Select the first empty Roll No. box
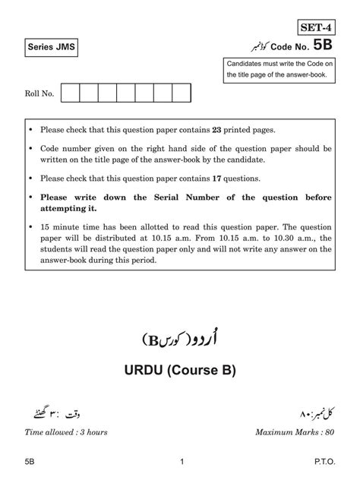coord(70,93)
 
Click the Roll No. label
coord(39,94)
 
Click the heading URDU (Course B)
coord(181,371)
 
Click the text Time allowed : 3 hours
coord(66,432)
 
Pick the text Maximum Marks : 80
coord(295,432)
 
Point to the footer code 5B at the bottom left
coord(30,461)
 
